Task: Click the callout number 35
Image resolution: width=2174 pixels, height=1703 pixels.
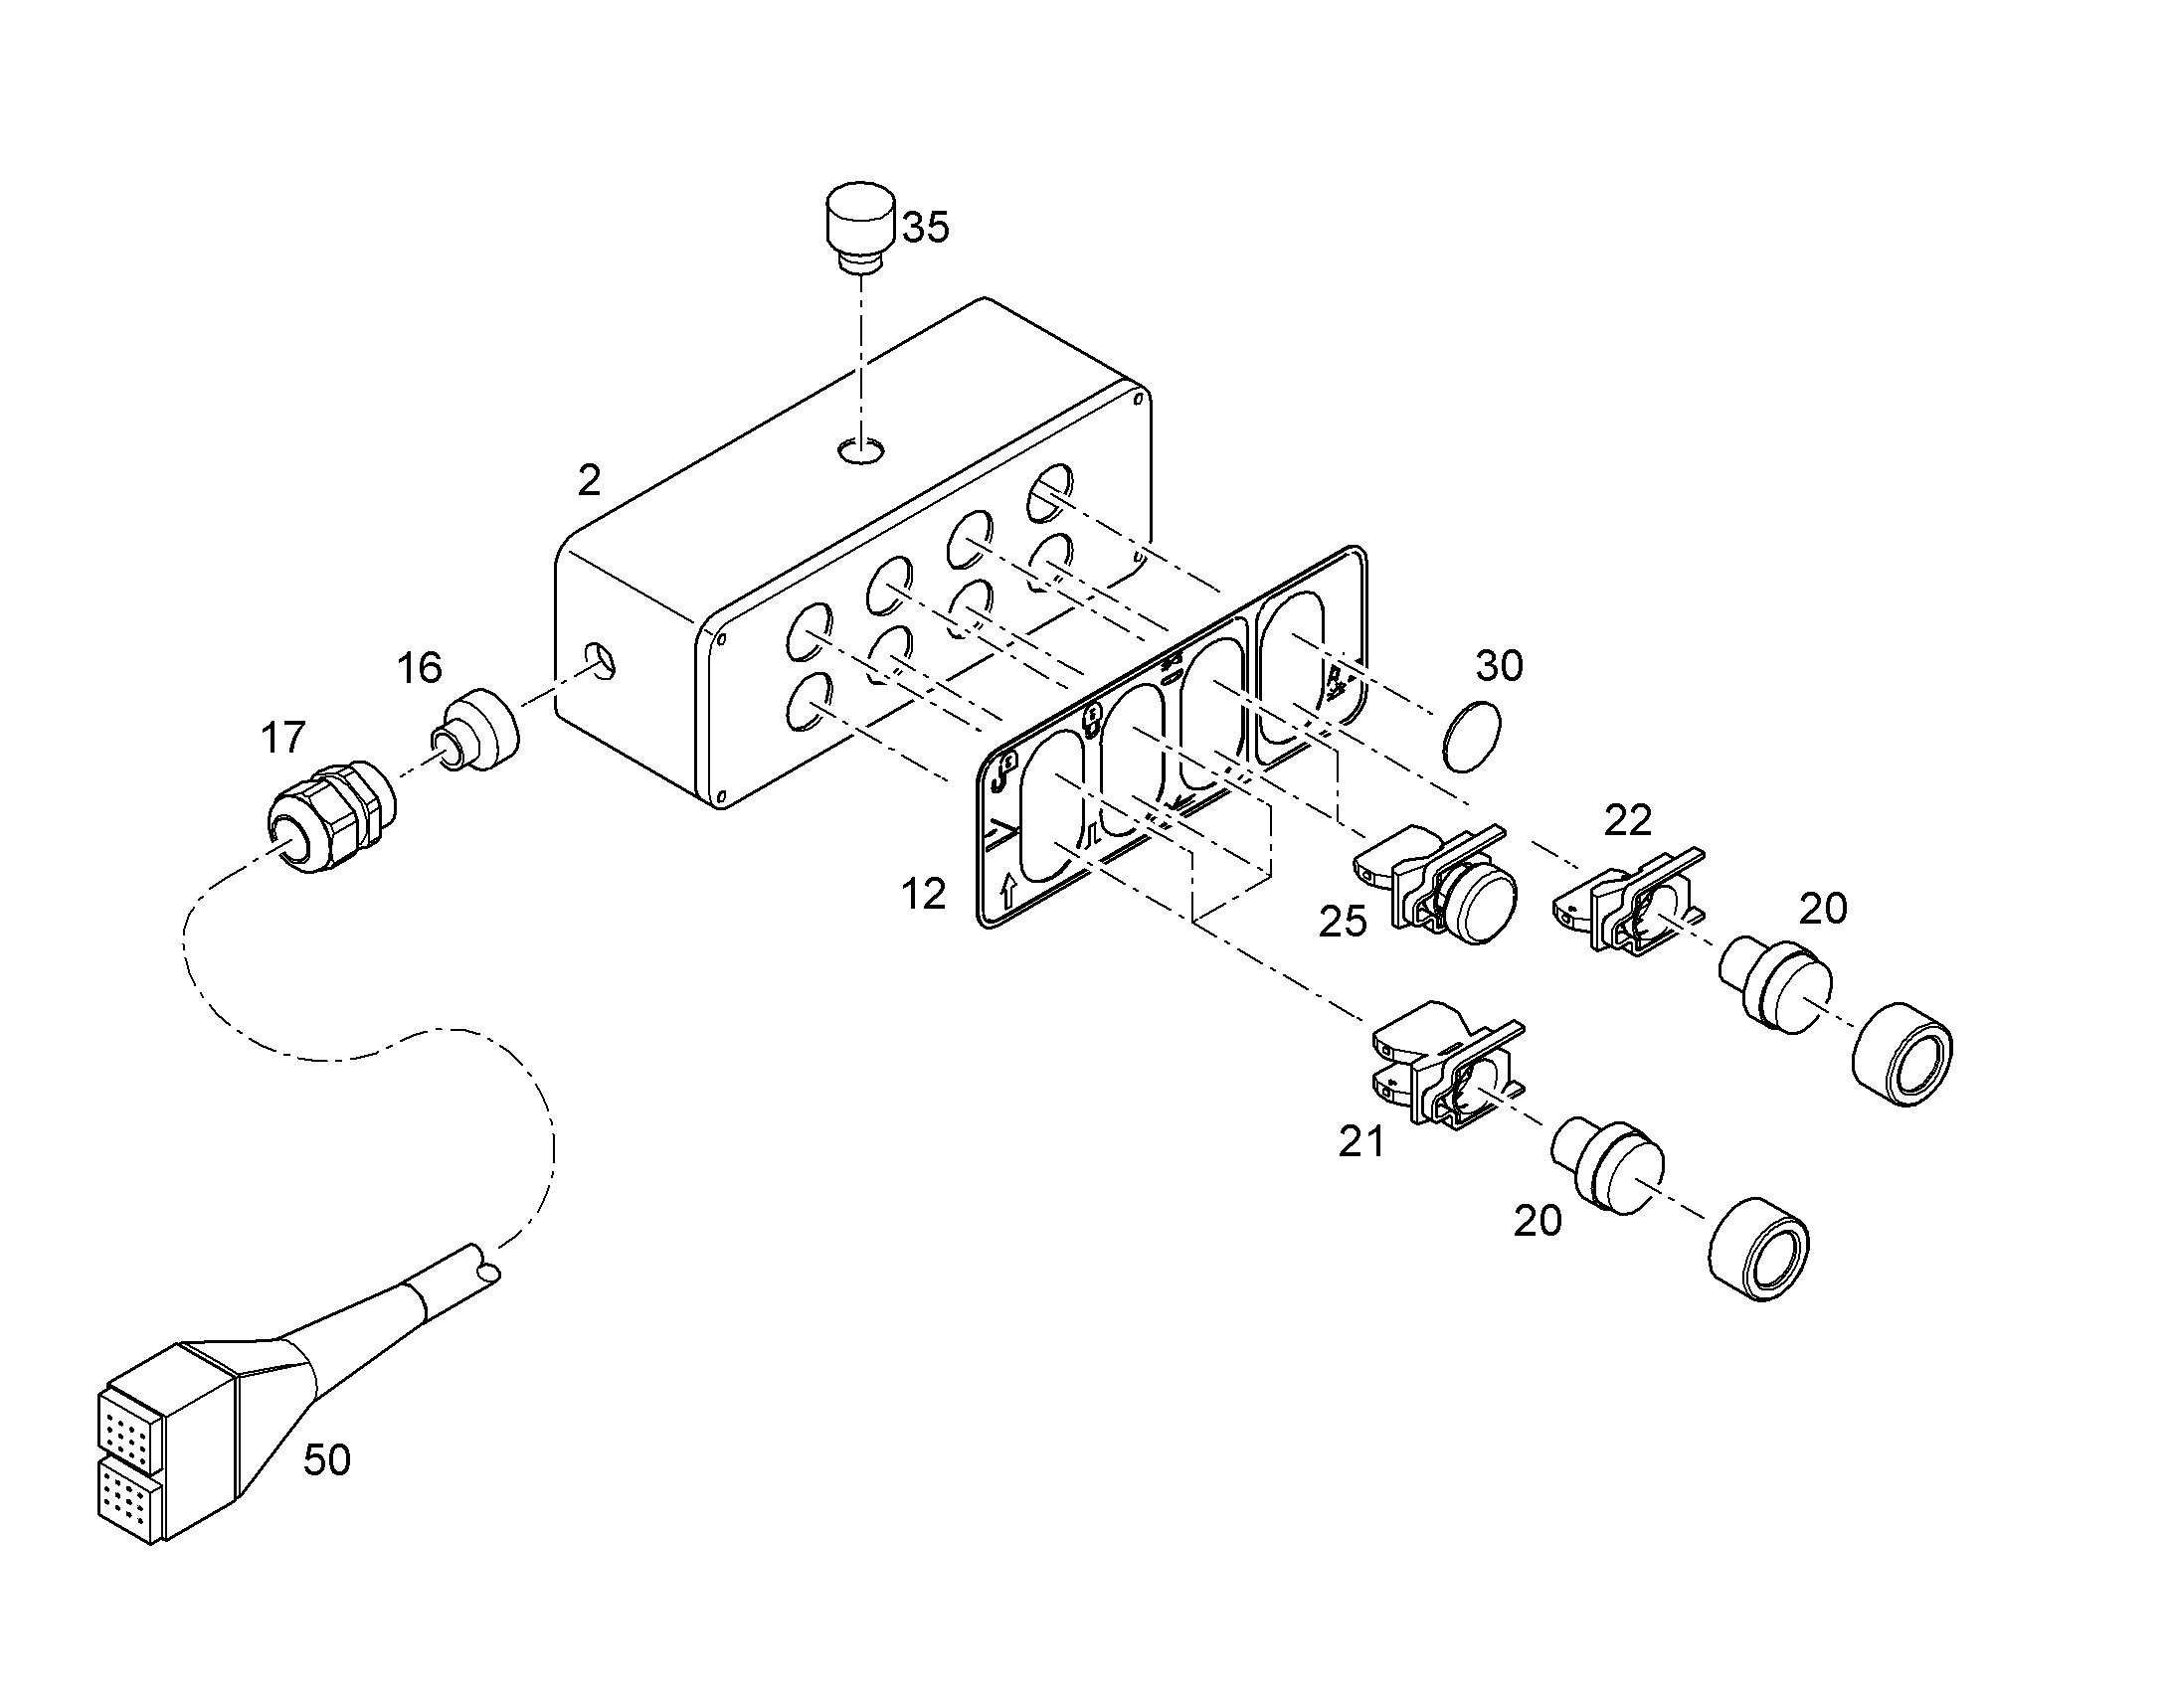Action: click(x=926, y=228)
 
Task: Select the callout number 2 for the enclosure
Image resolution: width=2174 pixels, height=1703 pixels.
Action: click(x=590, y=481)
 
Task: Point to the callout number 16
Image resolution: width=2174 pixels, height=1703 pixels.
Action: click(x=419, y=668)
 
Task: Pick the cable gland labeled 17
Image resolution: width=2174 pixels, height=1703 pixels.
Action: click(x=331, y=816)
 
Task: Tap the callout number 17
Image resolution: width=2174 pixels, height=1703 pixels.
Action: click(x=282, y=739)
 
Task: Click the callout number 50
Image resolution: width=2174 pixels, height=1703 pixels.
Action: click(x=327, y=1460)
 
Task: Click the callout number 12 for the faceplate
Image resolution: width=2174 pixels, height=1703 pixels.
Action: click(x=923, y=895)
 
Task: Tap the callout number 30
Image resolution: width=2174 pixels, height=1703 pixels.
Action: click(x=1500, y=666)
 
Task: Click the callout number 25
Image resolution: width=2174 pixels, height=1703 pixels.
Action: click(x=1343, y=923)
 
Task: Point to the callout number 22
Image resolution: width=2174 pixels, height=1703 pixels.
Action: click(x=1628, y=820)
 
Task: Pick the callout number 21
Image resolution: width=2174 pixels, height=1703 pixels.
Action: click(x=1361, y=1142)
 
